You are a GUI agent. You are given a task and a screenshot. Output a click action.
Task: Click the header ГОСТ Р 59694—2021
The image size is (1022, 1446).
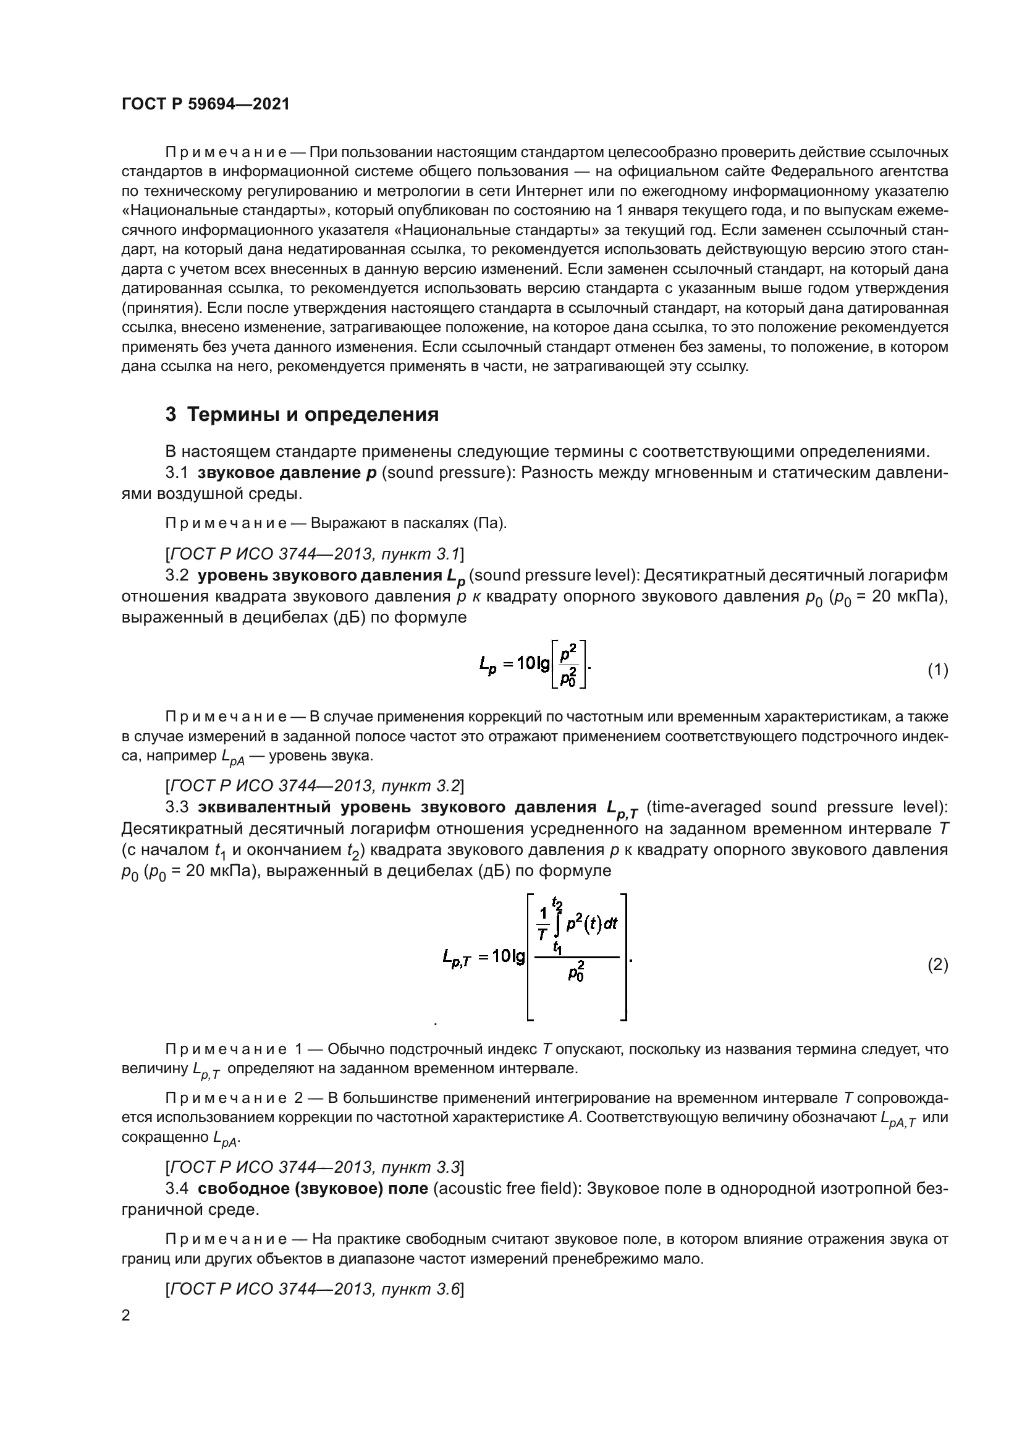pyautogui.click(x=205, y=104)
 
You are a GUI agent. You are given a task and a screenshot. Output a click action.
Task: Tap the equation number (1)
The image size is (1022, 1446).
pyautogui.click(x=938, y=670)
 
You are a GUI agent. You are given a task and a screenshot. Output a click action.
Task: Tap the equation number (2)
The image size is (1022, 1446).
pyautogui.click(x=938, y=965)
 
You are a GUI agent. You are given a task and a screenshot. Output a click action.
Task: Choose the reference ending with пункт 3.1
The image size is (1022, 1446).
pyautogui.click(x=315, y=554)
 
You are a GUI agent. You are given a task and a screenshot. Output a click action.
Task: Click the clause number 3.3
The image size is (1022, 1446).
pyautogui.click(x=177, y=807)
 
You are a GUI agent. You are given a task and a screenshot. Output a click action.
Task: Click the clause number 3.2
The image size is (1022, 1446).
pyautogui.click(x=177, y=576)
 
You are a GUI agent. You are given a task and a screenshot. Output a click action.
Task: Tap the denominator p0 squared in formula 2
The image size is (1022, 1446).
pyautogui.click(x=576, y=973)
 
